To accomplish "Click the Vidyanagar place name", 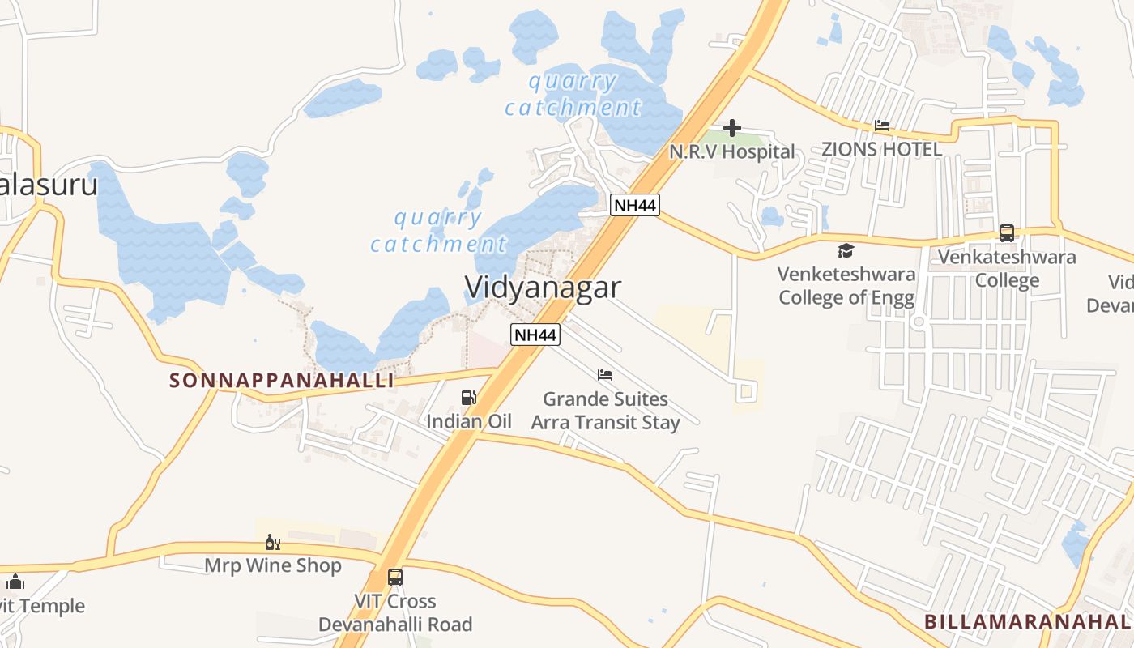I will [543, 288].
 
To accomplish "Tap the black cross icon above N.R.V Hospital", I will [732, 128].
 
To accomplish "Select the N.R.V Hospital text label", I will [732, 151].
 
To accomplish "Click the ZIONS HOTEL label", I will [881, 149].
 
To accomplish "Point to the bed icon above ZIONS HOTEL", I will [882, 126].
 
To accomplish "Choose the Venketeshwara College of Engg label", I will [846, 286].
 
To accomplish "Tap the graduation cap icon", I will [846, 250].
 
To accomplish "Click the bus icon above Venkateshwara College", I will [1007, 233].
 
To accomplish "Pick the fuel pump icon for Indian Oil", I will [468, 397].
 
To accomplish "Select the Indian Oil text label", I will [469, 421].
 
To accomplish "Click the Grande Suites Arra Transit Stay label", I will [605, 411].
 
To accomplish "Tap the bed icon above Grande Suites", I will [605, 375].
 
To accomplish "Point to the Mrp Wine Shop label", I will [273, 565].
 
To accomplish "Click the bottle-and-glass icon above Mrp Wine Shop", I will [273, 542].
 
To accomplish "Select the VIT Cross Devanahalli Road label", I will [395, 613].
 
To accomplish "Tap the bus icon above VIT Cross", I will [395, 578].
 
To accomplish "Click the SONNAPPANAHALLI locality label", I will [282, 380].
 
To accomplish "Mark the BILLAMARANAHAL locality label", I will [1027, 621].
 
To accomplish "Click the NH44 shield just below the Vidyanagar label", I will [535, 334].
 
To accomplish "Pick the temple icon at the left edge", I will [15, 582].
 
